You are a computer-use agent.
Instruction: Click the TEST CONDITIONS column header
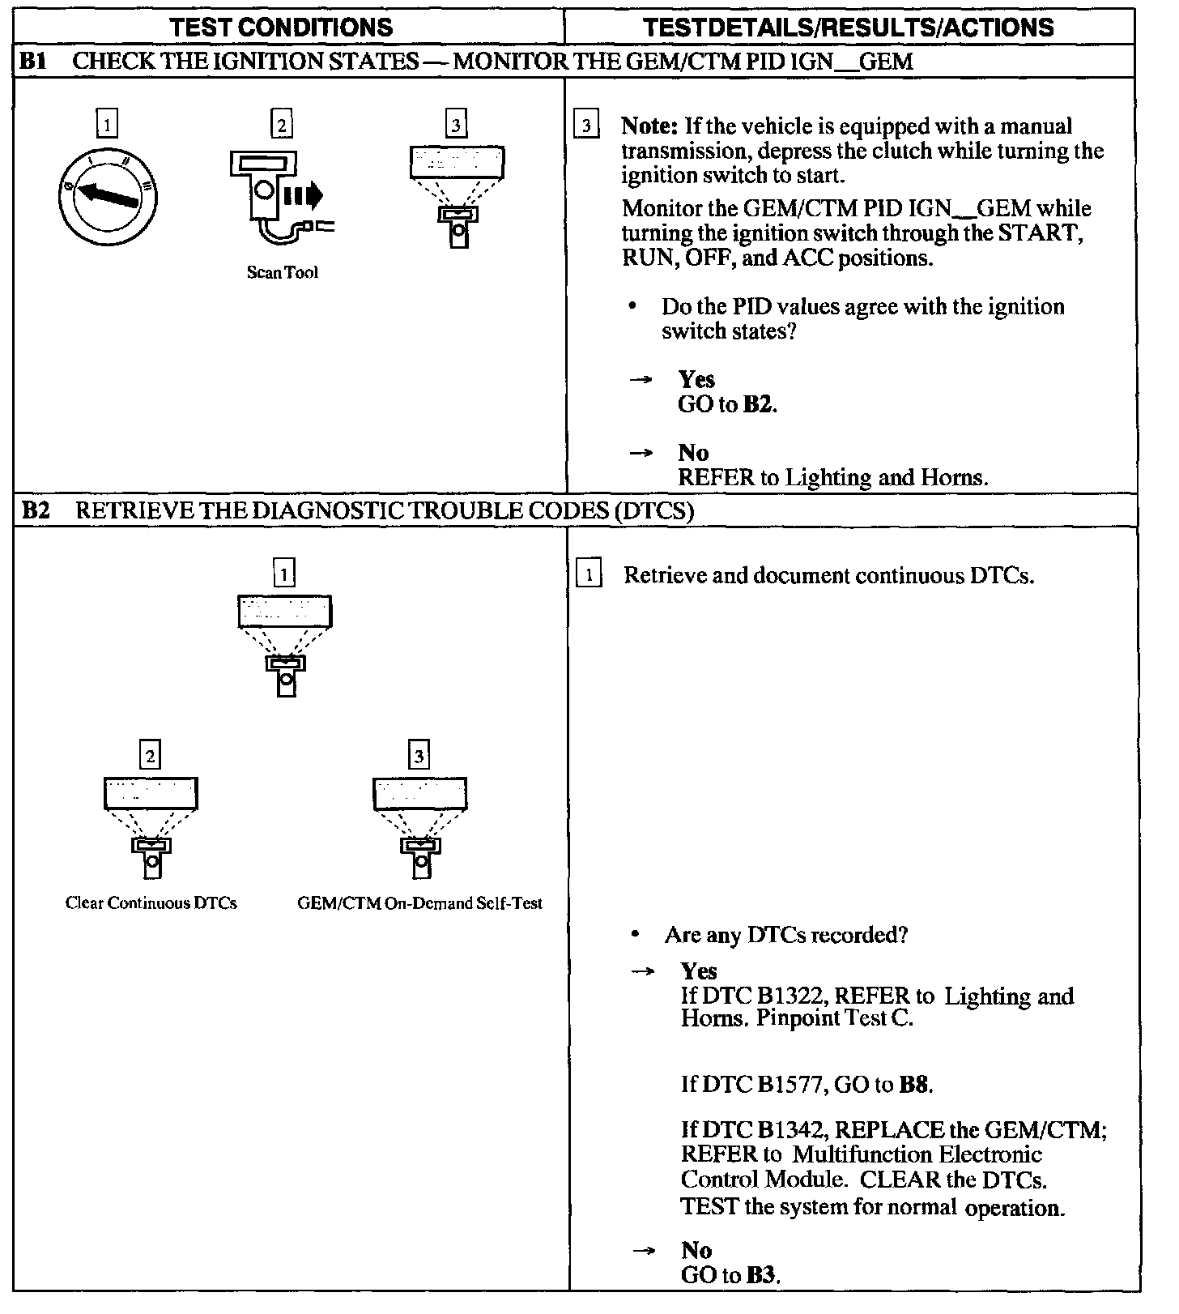click(x=282, y=27)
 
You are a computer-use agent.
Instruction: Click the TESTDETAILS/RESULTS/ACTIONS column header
click(x=848, y=27)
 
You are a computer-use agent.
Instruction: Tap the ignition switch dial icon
click(x=108, y=197)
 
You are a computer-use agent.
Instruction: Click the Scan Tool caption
click(x=282, y=273)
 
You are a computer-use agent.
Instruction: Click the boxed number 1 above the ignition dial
click(x=107, y=125)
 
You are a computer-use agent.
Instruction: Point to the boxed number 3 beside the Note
click(x=585, y=126)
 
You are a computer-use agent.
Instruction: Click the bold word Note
click(x=649, y=126)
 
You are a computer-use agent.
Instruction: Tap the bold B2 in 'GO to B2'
click(x=758, y=404)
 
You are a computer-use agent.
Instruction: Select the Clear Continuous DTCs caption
click(x=151, y=903)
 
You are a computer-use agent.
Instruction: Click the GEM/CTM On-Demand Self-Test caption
click(x=419, y=903)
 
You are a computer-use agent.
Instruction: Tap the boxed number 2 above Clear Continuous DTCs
click(x=150, y=757)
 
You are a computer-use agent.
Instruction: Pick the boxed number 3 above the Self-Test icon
click(x=419, y=757)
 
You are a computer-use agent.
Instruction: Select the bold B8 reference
click(x=914, y=1085)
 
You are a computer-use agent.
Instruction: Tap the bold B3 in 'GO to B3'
click(x=761, y=1275)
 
